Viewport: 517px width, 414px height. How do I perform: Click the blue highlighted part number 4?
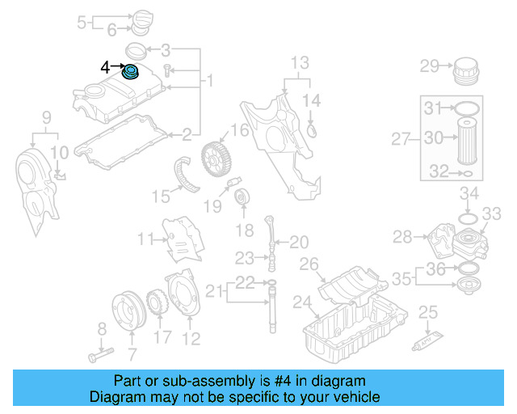130,74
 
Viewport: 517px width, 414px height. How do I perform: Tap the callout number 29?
430,65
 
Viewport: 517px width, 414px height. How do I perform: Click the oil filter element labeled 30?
468,141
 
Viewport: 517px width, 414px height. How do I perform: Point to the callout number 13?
300,62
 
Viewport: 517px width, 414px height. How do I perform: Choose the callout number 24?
301,304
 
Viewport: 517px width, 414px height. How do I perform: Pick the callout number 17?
162,336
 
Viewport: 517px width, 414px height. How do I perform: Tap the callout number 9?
47,119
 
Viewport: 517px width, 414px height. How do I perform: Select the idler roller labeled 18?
241,196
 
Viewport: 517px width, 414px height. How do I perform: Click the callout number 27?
401,139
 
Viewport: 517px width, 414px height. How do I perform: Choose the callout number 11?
145,239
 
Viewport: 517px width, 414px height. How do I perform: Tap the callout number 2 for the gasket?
187,133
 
